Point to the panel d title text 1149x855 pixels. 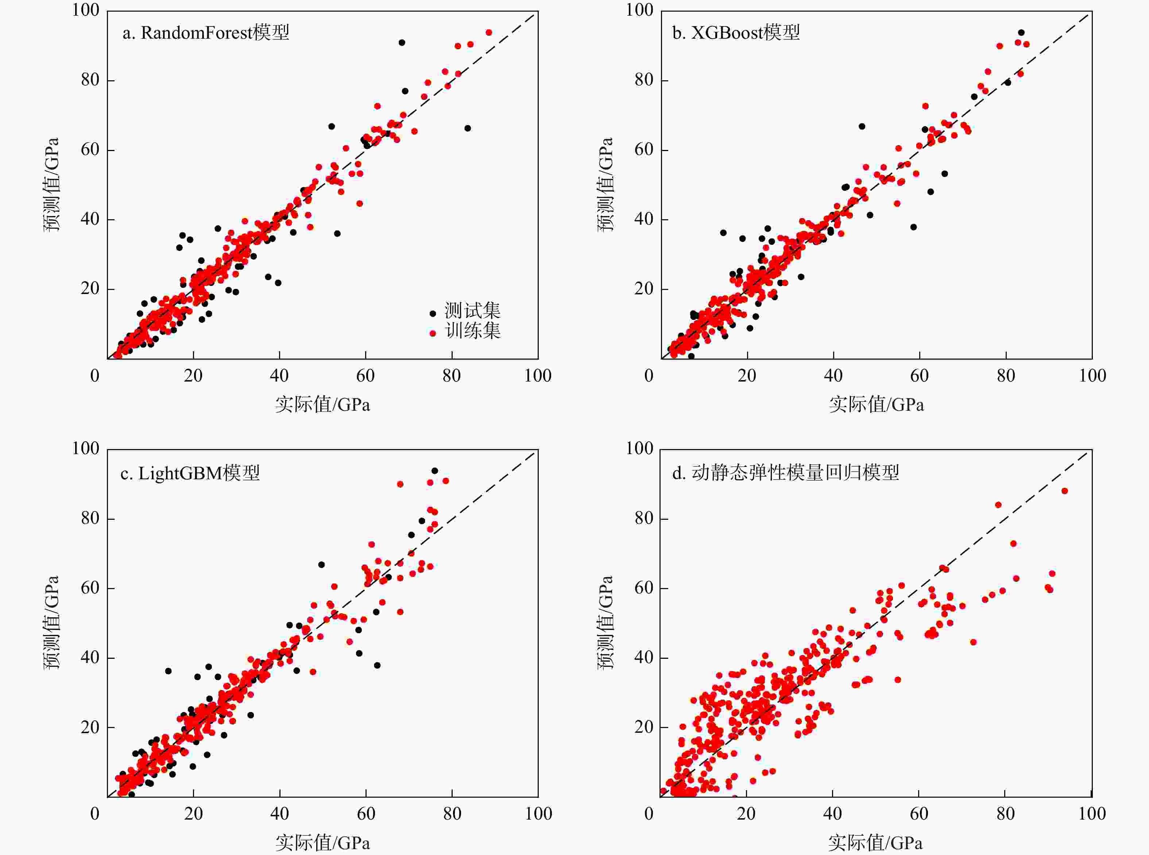point(785,472)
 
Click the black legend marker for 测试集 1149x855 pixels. point(433,313)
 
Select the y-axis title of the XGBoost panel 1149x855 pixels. point(604,184)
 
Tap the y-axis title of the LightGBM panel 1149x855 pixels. point(51,623)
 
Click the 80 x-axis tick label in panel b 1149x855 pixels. point(1006,376)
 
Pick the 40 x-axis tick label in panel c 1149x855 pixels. point(279,813)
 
